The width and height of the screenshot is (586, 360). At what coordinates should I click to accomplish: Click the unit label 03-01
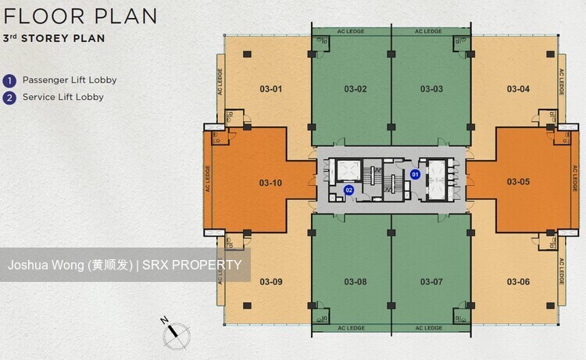click(x=270, y=89)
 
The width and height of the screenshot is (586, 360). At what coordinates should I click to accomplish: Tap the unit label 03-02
click(x=356, y=89)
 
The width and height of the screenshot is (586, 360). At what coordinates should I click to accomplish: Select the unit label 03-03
click(x=431, y=89)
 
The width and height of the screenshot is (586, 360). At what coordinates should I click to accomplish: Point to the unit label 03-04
click(x=518, y=89)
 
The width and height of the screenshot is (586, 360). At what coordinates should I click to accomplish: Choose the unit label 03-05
click(x=518, y=182)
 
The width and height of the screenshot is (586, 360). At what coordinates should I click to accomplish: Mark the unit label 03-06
click(x=518, y=282)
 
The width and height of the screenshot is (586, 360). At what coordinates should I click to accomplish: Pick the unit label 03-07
click(x=431, y=282)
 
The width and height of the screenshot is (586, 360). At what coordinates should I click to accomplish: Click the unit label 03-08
click(x=356, y=282)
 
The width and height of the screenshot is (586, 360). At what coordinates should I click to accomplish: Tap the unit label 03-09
click(x=271, y=282)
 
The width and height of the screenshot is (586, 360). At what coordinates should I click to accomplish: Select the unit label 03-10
click(x=270, y=183)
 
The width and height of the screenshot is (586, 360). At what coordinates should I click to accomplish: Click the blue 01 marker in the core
click(x=415, y=174)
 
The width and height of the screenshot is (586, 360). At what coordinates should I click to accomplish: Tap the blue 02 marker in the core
click(x=348, y=190)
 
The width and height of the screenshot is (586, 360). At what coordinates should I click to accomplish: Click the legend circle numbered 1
click(x=9, y=80)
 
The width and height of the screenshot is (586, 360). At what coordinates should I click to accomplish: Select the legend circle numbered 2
click(x=9, y=98)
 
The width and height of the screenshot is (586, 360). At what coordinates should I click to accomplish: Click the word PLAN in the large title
click(x=126, y=16)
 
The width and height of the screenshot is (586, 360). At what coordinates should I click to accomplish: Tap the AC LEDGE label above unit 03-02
click(x=351, y=31)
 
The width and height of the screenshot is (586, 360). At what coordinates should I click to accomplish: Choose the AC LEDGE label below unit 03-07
click(x=429, y=328)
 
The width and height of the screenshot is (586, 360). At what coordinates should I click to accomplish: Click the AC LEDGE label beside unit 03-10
click(x=208, y=179)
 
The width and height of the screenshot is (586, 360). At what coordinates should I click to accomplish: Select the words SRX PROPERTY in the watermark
click(x=191, y=265)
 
